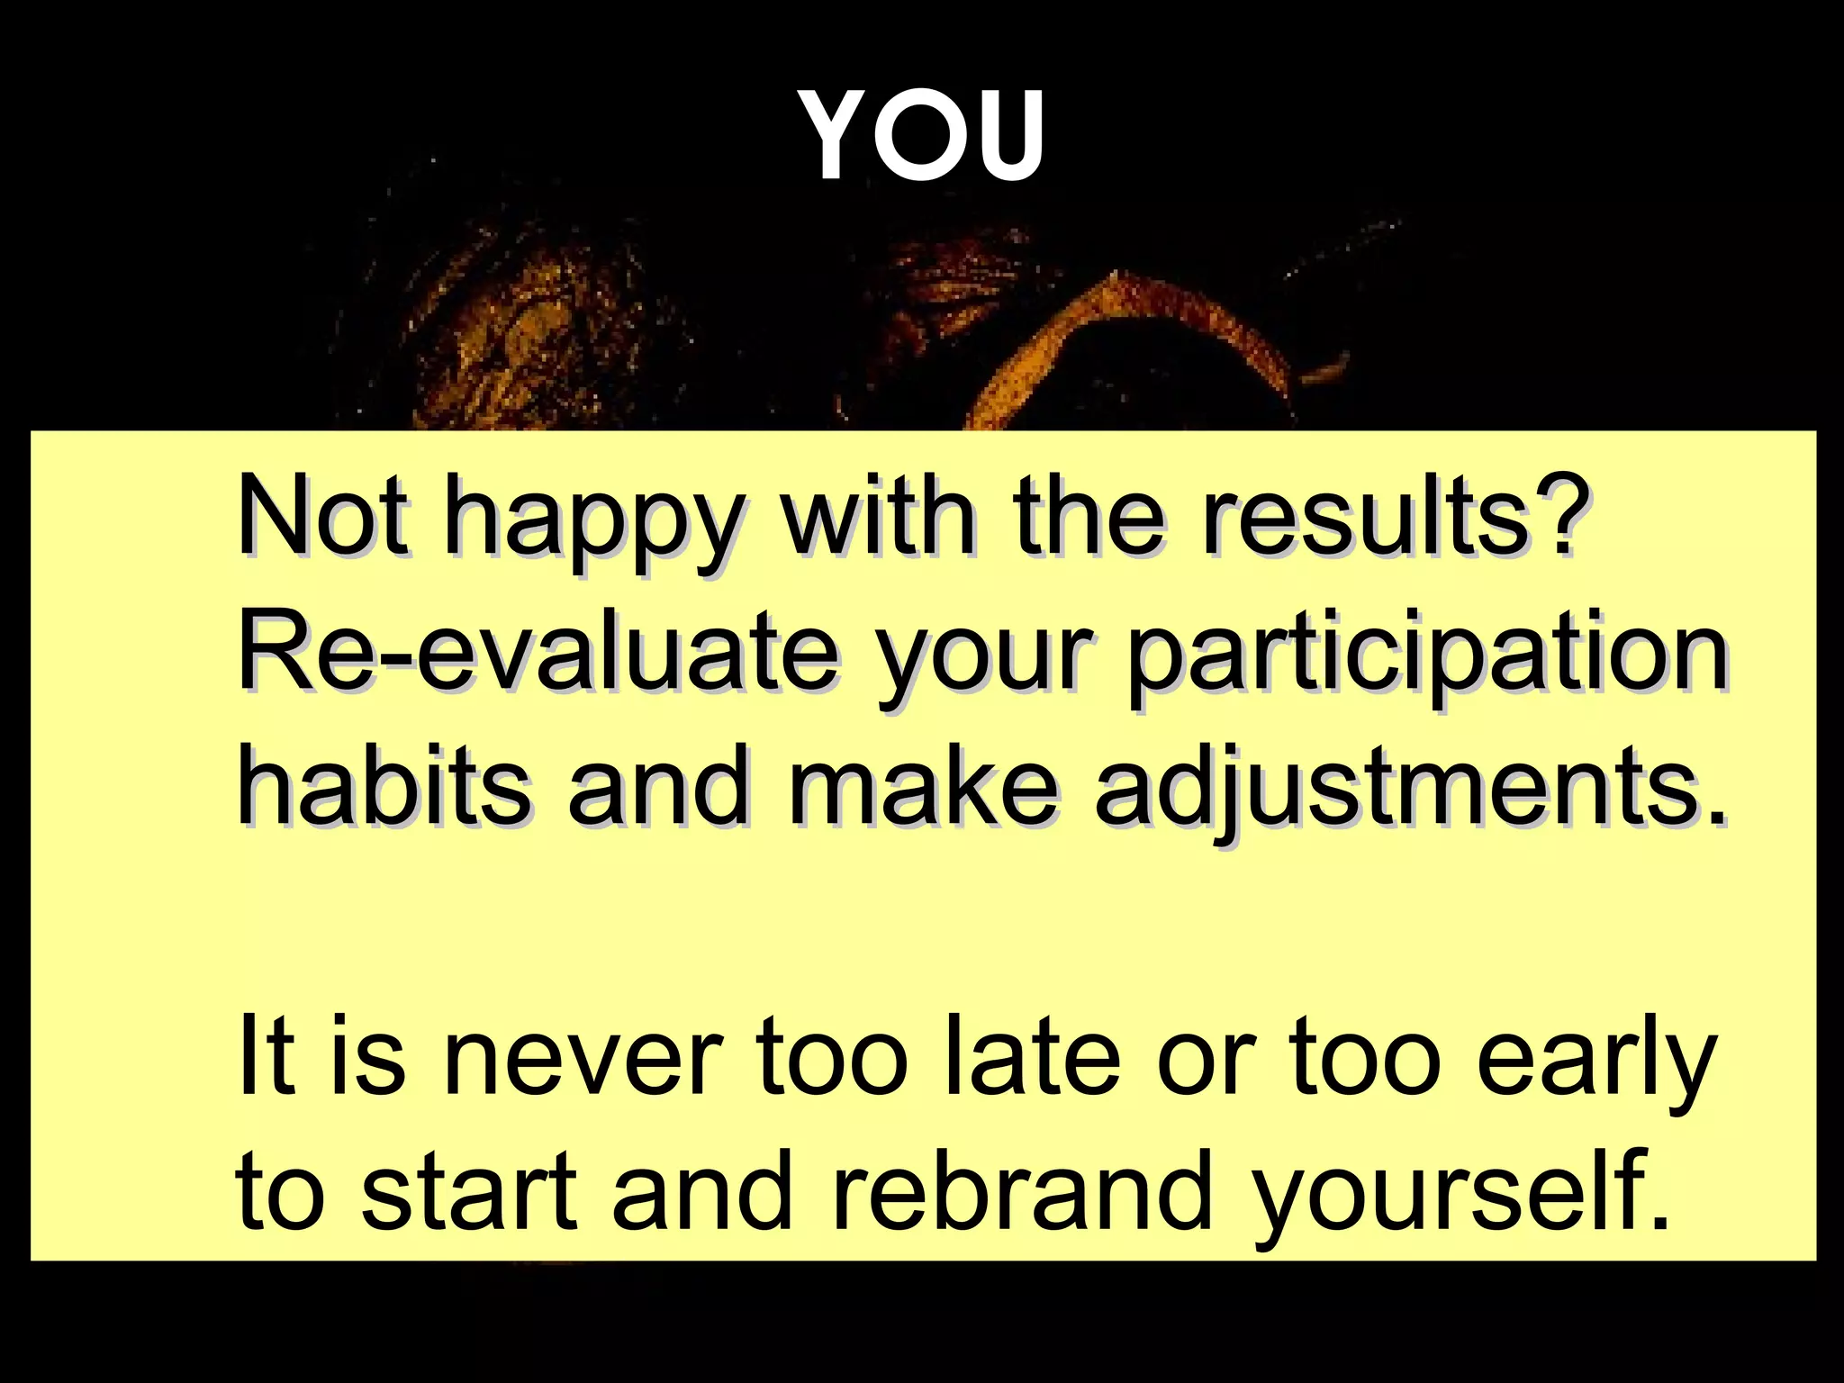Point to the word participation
(1426, 662)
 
